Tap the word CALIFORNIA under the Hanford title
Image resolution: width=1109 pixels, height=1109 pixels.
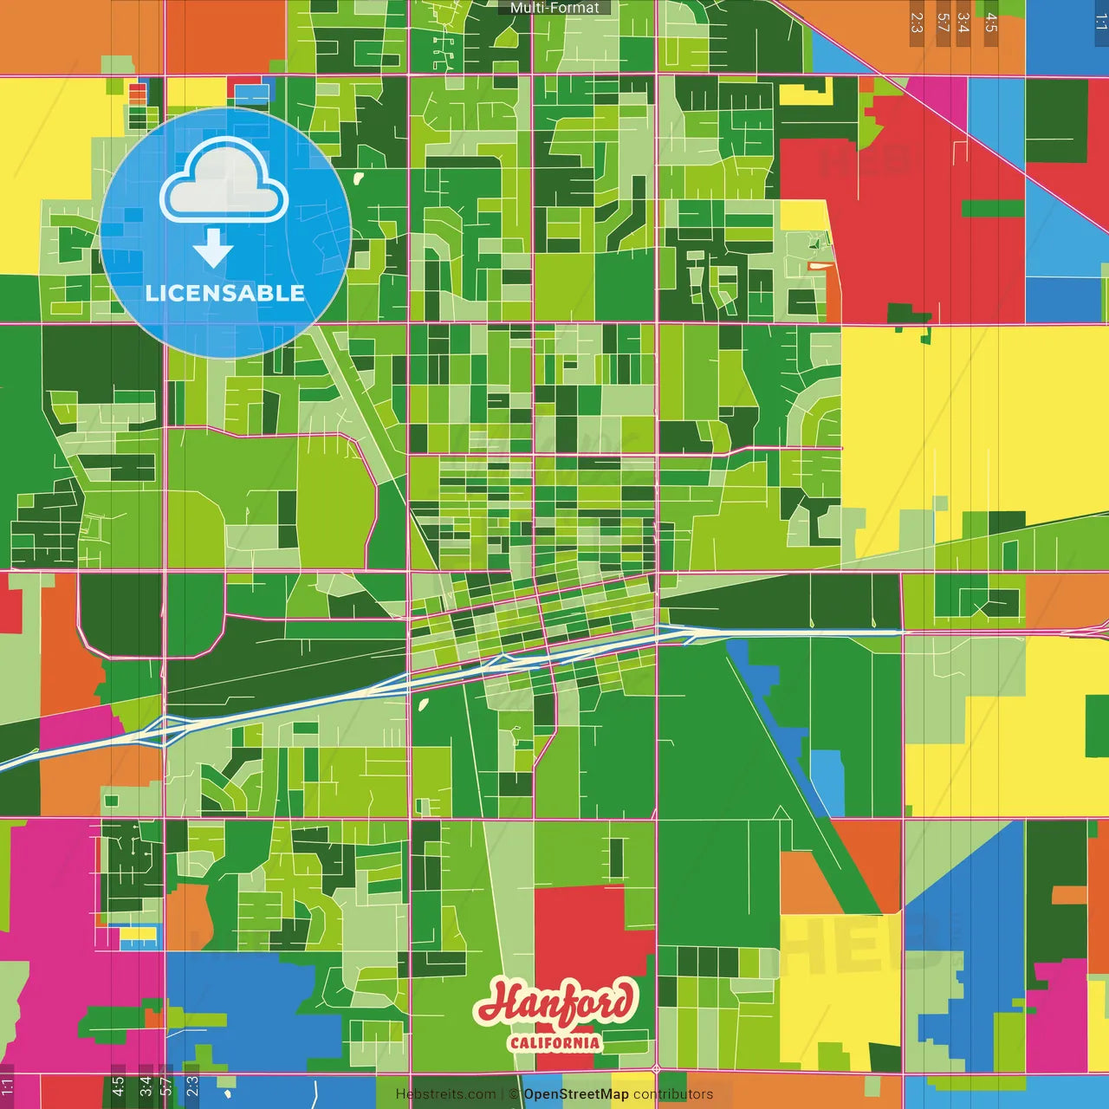pos(554,1041)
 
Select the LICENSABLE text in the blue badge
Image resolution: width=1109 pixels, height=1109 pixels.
pos(225,293)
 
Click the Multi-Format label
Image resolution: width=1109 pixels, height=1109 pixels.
pos(554,8)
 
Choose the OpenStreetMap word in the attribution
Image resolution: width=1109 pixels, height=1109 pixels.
pos(576,1094)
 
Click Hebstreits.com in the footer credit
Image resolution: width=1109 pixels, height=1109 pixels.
pos(445,1094)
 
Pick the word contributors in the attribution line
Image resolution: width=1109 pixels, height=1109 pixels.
pos(673,1094)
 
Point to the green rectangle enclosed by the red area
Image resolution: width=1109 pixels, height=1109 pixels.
pos(992,209)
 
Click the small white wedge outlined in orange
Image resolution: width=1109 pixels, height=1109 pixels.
pos(820,266)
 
